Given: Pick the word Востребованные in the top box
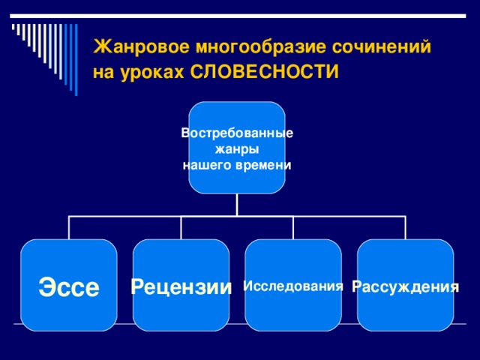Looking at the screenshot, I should (237, 133).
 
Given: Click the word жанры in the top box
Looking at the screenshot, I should (237, 149).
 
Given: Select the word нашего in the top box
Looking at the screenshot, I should (206, 165).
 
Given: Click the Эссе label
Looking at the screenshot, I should (69, 286).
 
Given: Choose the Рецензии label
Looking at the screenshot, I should (181, 286).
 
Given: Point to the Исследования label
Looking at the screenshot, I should (293, 286).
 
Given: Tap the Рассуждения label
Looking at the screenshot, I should (406, 286).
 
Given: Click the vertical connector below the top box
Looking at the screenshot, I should (237, 205).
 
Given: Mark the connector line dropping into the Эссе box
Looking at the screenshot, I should (69, 227).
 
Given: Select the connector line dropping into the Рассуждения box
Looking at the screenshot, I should (406, 227).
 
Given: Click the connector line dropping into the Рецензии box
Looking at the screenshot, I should (181, 227).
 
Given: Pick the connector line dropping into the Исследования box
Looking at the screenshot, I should (293, 227).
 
